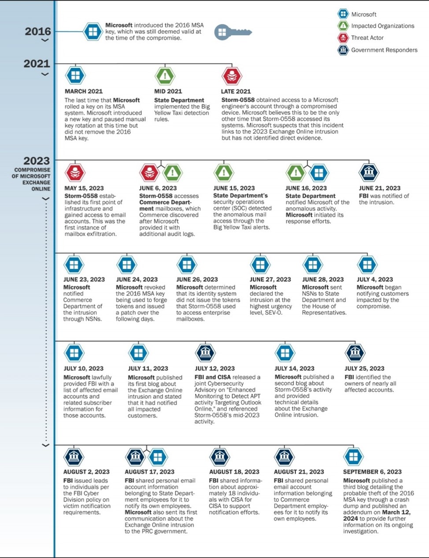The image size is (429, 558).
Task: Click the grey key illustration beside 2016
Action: point(233,32)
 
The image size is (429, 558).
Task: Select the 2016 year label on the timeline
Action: point(38,31)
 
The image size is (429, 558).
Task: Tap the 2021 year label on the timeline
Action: point(37,64)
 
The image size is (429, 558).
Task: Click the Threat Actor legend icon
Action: point(343,38)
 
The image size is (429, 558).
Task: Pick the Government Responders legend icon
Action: point(343,50)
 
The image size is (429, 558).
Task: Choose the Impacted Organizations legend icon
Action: point(343,26)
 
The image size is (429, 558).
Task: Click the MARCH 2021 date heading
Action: point(84,91)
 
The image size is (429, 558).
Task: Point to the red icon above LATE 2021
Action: point(232,76)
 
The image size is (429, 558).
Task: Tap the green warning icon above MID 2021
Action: point(165,76)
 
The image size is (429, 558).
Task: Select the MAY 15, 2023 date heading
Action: point(84,188)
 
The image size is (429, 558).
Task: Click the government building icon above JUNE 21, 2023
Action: point(369,172)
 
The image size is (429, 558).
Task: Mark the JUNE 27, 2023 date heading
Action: point(270,279)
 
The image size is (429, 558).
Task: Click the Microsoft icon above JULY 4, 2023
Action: point(367,265)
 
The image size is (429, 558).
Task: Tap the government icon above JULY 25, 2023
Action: point(355,353)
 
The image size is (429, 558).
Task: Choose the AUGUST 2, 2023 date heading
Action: point(86,472)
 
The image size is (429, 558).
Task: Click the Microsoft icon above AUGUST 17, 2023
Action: point(158,457)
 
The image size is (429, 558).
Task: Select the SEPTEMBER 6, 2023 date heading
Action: point(372,472)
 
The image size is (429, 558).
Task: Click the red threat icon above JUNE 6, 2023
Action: point(149,172)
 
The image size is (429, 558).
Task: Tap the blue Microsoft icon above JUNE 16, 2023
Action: point(319,172)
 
